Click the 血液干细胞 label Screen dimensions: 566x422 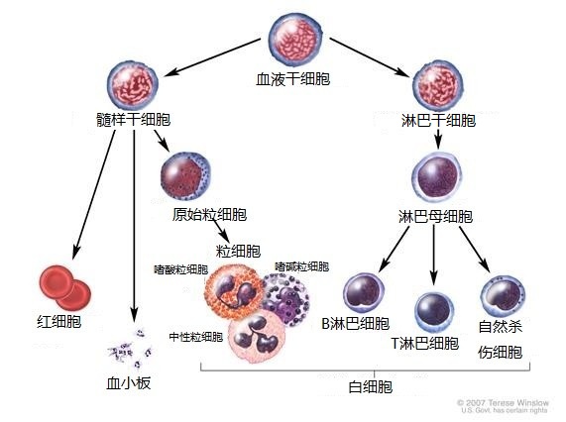[x=292, y=79]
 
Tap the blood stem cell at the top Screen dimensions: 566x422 [x=295, y=39]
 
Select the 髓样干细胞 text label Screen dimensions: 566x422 [x=133, y=120]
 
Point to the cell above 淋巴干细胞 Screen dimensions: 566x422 [x=438, y=85]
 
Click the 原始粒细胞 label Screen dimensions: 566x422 [x=209, y=215]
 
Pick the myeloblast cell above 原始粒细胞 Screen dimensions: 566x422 [x=185, y=176]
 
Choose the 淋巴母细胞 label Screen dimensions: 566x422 [x=435, y=216]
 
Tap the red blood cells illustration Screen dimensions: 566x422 [x=65, y=288]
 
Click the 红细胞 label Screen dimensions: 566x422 [x=59, y=321]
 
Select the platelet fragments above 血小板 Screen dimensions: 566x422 [x=131, y=349]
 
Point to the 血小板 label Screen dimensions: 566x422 [x=129, y=383]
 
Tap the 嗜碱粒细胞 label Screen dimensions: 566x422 [x=301, y=266]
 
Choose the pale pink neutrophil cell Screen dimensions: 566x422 [x=257, y=337]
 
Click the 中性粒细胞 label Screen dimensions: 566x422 [x=196, y=337]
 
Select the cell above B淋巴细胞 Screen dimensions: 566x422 [x=364, y=293]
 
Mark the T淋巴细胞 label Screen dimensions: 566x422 [x=425, y=344]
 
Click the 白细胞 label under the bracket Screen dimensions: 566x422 [x=371, y=387]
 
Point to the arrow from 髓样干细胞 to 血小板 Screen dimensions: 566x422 [x=134, y=226]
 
